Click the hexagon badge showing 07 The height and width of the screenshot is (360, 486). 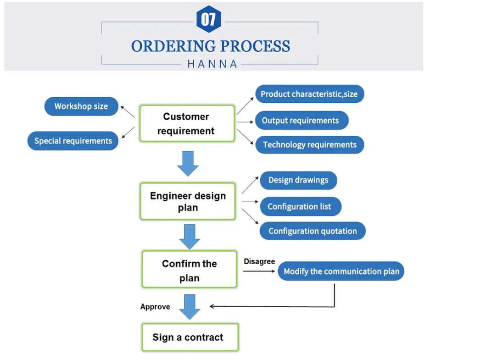(209, 19)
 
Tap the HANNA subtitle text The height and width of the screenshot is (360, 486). (212, 64)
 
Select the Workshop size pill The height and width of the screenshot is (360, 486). (81, 106)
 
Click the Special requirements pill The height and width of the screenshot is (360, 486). (73, 141)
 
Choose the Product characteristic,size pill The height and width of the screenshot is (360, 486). (309, 94)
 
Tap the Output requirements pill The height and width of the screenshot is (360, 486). (301, 121)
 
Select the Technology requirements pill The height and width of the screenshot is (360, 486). (309, 145)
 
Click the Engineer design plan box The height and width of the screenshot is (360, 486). (188, 201)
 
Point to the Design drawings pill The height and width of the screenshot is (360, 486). (298, 180)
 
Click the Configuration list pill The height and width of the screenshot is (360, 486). (300, 206)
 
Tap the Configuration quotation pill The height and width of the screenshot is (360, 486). (313, 231)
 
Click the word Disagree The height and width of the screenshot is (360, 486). (259, 261)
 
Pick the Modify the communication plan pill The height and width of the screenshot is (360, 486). (341, 271)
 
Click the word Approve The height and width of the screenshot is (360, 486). (155, 307)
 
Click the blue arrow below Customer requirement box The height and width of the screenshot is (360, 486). (188, 163)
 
